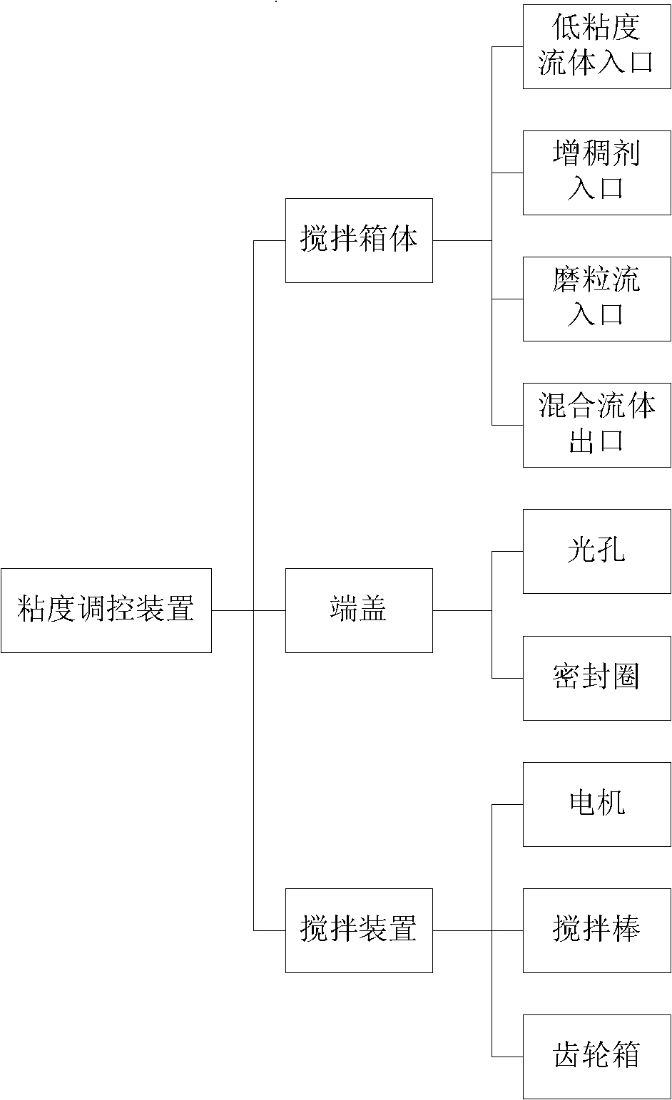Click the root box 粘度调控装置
(106, 610)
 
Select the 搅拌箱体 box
(359, 241)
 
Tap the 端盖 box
(359, 610)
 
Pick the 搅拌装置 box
(359, 930)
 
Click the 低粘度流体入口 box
(597, 46)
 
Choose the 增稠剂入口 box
(597, 173)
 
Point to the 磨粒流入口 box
(597, 299)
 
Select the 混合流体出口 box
(597, 426)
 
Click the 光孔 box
(597, 552)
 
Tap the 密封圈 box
(597, 678)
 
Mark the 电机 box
(597, 804)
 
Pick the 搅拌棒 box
(597, 930)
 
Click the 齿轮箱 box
(597, 1057)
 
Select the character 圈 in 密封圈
(626, 676)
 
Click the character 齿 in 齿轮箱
(567, 1055)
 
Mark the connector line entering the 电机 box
(507, 804)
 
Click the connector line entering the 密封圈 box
(507, 678)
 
